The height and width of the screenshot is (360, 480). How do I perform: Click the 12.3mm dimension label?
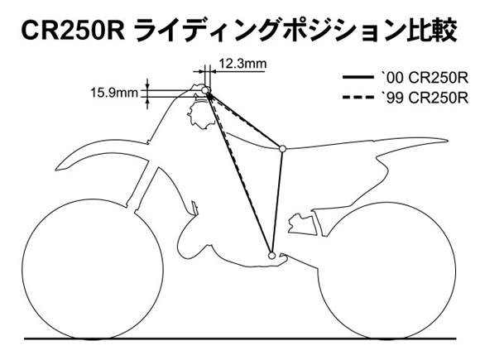click(242, 64)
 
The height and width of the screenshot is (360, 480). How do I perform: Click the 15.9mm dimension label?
click(114, 93)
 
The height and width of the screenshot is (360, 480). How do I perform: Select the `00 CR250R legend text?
click(424, 79)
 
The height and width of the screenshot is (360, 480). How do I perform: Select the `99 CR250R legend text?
click(424, 98)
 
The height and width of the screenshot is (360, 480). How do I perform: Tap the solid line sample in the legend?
click(358, 78)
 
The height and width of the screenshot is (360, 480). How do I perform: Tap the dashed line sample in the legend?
click(358, 98)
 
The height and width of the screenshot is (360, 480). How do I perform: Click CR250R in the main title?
click(73, 31)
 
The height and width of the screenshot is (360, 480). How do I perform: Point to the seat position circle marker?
click(282, 149)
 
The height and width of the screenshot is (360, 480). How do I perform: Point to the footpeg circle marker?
click(271, 255)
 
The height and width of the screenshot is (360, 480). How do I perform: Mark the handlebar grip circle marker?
click(206, 90)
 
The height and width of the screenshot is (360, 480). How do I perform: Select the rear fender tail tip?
click(449, 141)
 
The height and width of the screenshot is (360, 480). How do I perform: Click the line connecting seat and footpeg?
click(277, 202)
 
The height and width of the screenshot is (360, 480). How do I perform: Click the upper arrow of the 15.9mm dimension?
click(147, 84)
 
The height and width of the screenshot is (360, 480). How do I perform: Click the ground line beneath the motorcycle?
click(240, 338)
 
